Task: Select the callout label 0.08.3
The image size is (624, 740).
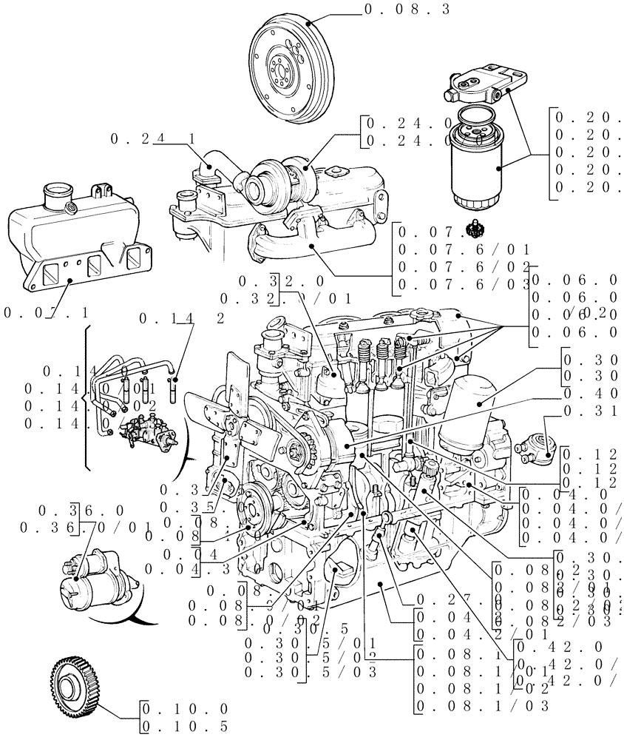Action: click(407, 9)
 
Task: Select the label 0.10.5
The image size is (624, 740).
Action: click(185, 727)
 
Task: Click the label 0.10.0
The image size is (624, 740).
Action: click(185, 708)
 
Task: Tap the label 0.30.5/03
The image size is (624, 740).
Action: click(311, 672)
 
